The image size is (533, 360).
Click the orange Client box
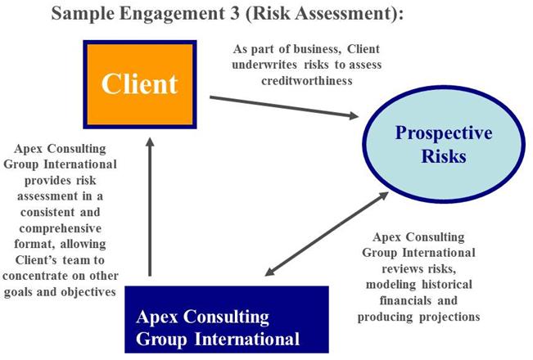[140, 84]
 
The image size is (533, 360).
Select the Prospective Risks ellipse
[444, 144]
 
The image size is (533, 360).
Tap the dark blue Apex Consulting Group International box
[227, 320]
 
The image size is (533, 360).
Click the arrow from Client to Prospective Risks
[284, 107]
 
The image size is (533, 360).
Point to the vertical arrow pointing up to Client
[150, 206]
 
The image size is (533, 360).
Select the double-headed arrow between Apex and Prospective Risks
[327, 234]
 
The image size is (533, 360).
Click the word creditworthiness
[307, 81]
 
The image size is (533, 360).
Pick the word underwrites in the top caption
[264, 65]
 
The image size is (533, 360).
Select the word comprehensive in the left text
[60, 228]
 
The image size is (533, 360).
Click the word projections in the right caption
[449, 317]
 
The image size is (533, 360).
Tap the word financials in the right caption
[405, 300]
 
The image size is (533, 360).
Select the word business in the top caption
[318, 49]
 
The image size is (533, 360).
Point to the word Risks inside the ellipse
[444, 156]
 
